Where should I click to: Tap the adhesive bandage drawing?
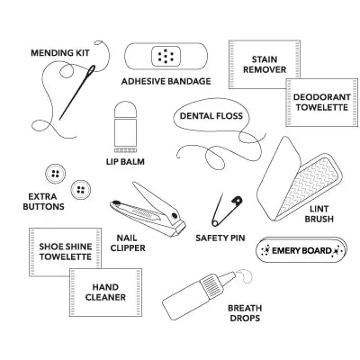coord(165,58)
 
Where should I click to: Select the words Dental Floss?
coord(211,116)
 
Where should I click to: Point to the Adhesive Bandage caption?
coord(166,81)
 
